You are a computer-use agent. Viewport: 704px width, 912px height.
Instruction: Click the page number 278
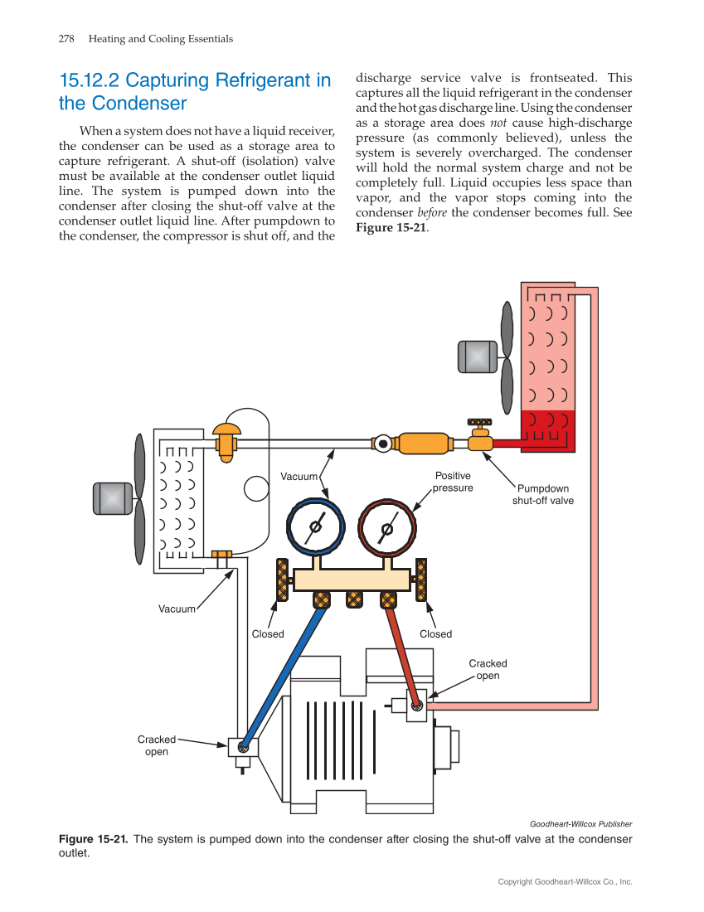pyautogui.click(x=67, y=39)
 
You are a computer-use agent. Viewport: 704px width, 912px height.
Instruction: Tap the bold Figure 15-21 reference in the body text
pyautogui.click(x=390, y=228)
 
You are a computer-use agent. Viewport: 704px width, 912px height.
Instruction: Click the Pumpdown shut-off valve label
pyautogui.click(x=542, y=495)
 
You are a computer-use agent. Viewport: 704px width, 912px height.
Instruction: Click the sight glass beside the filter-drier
pyautogui.click(x=382, y=444)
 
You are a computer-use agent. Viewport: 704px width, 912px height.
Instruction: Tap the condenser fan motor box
pyautogui.click(x=478, y=357)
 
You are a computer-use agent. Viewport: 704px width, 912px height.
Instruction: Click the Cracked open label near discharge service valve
pyautogui.click(x=488, y=669)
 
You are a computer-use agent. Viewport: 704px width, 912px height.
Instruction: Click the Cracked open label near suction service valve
pyautogui.click(x=157, y=745)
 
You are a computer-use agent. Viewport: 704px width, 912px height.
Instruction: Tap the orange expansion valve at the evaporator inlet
pyautogui.click(x=226, y=440)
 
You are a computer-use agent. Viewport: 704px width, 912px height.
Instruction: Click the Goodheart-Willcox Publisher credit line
pyautogui.click(x=580, y=824)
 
